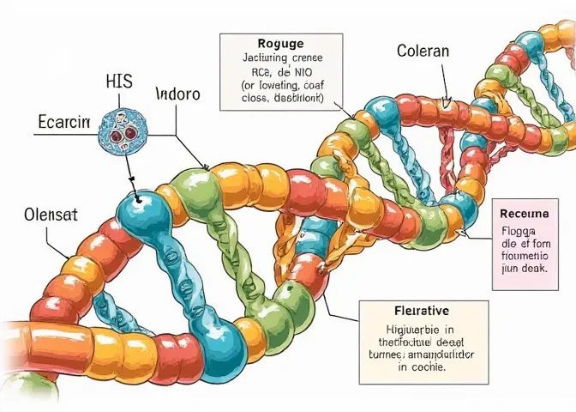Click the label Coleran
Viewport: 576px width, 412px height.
pos(423,51)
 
